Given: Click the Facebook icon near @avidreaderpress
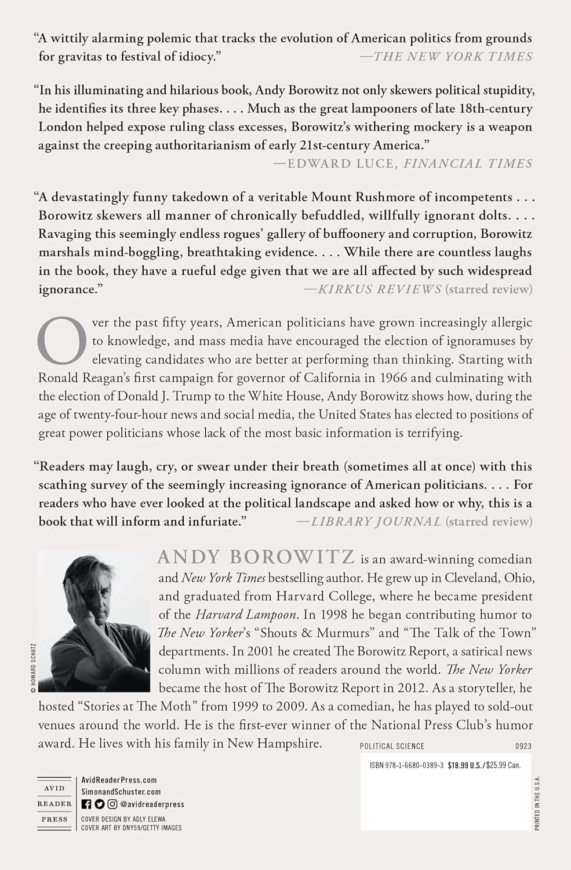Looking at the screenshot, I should (86, 804).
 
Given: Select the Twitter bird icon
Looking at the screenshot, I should (99, 804).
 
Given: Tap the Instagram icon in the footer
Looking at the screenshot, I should (112, 804).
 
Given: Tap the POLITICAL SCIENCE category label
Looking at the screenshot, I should (392, 746).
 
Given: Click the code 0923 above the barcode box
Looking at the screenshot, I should (522, 746).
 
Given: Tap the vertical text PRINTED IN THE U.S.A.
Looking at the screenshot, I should (537, 803).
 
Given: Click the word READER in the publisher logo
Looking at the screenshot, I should (54, 804).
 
